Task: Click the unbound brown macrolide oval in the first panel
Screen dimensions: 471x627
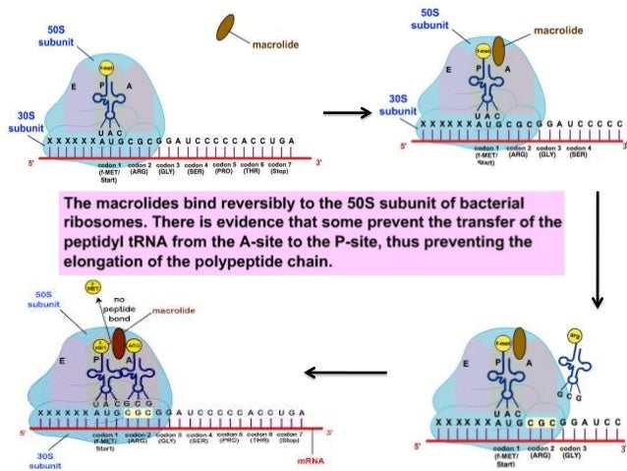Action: coord(232,28)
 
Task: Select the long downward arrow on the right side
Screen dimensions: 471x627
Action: coord(598,246)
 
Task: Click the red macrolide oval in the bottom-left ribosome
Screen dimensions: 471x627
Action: coord(120,343)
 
